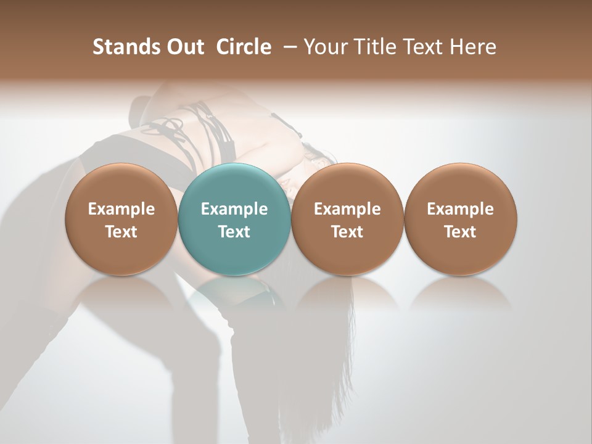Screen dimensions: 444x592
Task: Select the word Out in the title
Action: [x=184, y=47]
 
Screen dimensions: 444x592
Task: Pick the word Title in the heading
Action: [x=371, y=47]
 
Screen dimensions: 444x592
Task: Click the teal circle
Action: [x=234, y=218]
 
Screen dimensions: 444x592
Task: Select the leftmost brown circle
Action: [x=121, y=218]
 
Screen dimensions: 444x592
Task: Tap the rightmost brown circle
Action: [x=461, y=218]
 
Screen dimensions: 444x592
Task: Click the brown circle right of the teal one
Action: [x=347, y=218]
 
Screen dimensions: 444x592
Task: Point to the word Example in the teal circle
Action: [x=234, y=209]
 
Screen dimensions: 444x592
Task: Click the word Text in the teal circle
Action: [x=234, y=232]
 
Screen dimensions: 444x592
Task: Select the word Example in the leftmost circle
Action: [x=121, y=209]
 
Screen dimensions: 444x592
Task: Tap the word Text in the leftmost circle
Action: [x=121, y=232]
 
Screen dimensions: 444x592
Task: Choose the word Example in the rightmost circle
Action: [x=461, y=209]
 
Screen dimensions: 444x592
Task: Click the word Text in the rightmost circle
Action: [x=461, y=232]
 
